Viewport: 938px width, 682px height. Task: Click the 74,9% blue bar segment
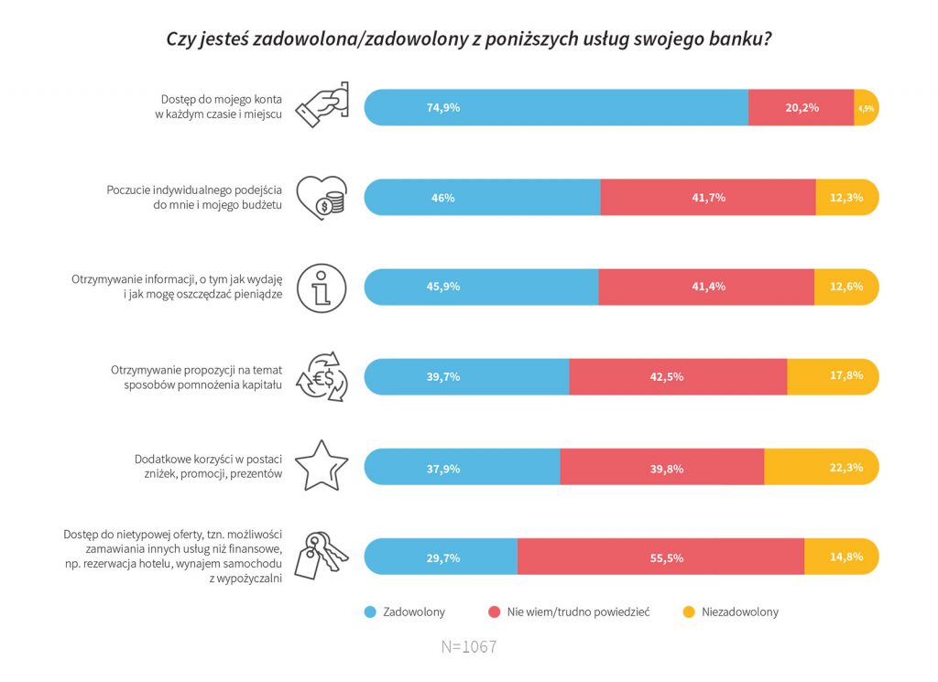[x=556, y=107]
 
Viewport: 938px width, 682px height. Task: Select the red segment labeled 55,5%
[x=660, y=557]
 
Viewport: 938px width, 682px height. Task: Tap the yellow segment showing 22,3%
[x=821, y=467]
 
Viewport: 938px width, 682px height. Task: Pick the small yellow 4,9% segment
[x=866, y=108]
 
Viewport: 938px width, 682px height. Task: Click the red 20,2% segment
[x=801, y=107]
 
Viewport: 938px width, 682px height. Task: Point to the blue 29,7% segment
[x=442, y=557]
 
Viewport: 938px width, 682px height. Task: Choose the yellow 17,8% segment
[x=832, y=376]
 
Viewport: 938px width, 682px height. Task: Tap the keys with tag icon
[x=322, y=555]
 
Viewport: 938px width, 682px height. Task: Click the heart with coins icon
[x=322, y=197]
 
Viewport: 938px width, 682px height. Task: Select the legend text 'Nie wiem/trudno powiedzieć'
[x=578, y=612]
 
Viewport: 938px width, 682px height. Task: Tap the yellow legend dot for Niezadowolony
[x=688, y=612]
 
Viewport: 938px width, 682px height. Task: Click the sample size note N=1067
[x=468, y=646]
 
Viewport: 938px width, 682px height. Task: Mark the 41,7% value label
[x=708, y=197]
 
